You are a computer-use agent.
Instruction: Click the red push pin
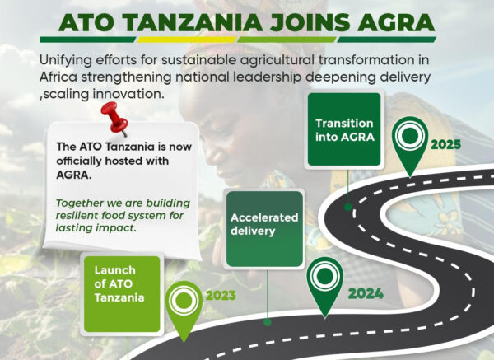point(115,119)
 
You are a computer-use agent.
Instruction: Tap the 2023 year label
point(221,296)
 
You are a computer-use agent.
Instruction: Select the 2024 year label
point(366,294)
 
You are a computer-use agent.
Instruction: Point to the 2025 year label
point(445,145)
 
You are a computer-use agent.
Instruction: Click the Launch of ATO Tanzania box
point(122,294)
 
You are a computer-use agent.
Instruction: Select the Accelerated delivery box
point(264,229)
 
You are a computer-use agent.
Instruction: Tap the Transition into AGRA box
point(344,129)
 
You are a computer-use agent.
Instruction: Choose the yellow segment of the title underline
point(187,40)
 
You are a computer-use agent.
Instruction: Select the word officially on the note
point(79,161)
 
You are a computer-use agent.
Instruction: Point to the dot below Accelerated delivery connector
point(268,322)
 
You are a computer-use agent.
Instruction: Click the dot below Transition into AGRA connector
point(347,207)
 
